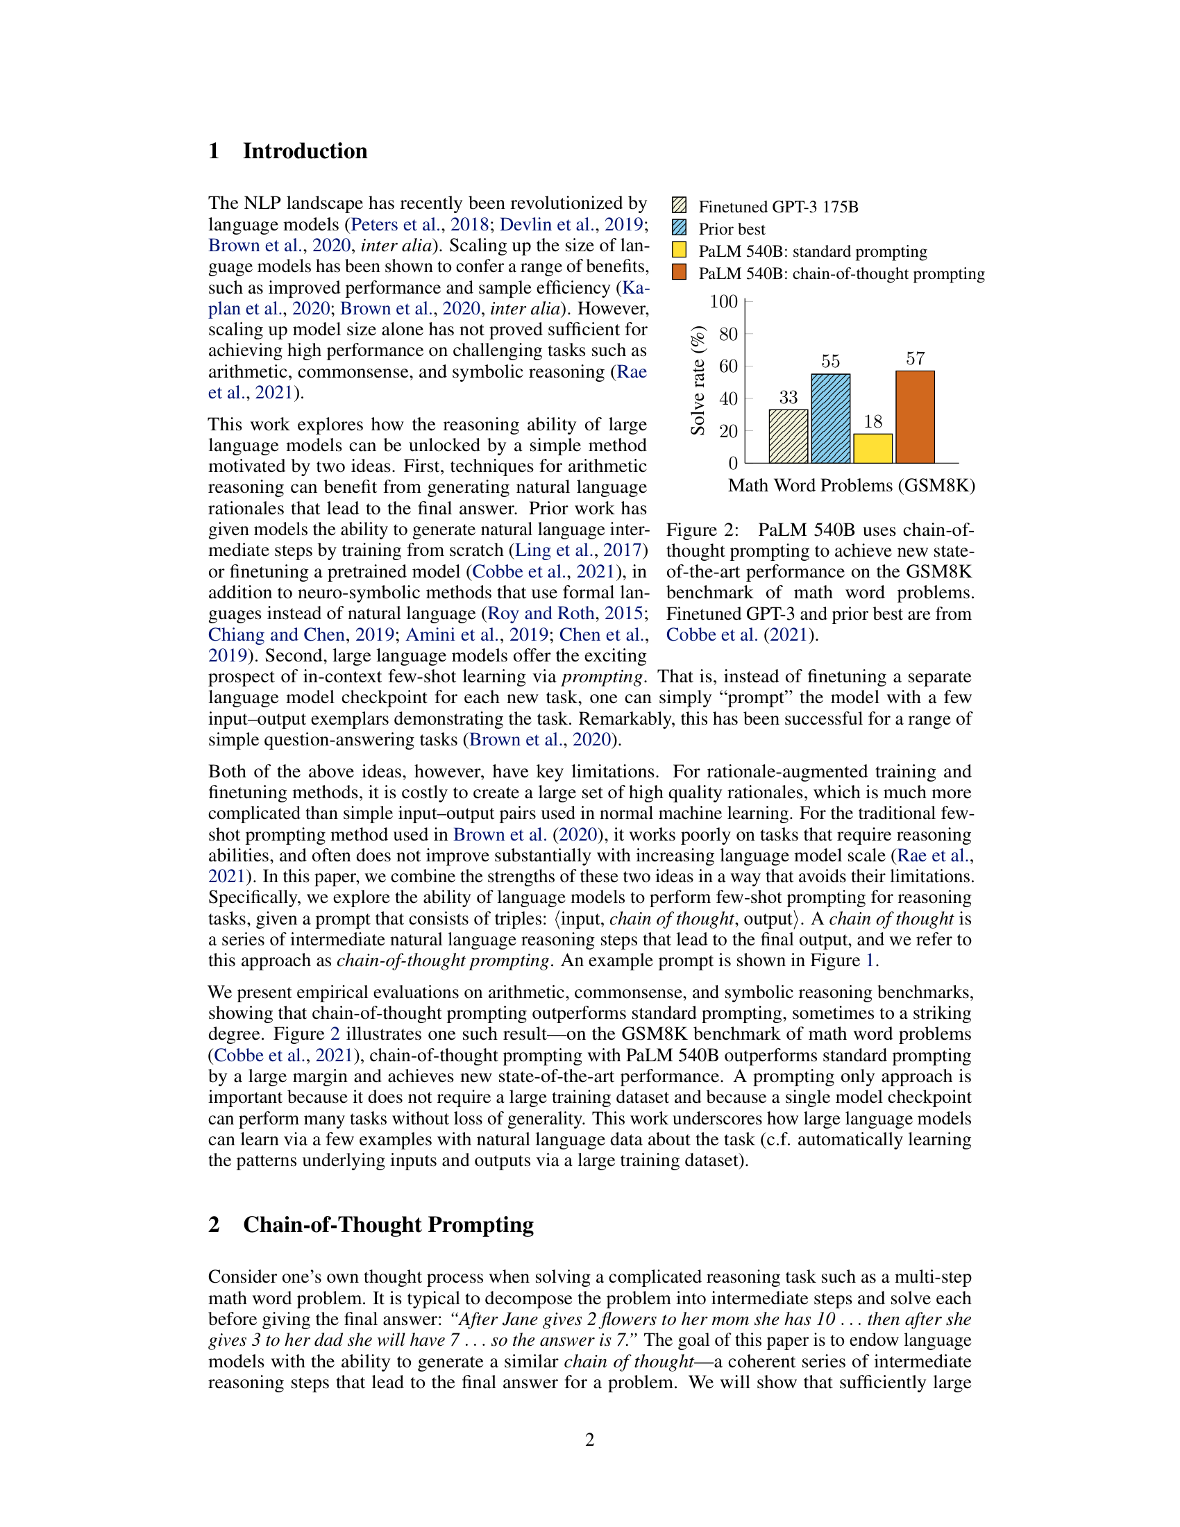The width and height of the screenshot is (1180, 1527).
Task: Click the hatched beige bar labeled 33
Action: [x=788, y=437]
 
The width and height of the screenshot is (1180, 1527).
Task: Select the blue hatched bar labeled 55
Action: [x=830, y=419]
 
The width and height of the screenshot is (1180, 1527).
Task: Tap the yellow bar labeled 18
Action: [x=873, y=448]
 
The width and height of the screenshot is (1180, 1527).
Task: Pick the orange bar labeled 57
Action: [x=915, y=416]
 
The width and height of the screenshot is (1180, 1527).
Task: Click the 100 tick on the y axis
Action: [x=723, y=301]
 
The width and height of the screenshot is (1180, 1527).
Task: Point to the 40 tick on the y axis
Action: [x=727, y=398]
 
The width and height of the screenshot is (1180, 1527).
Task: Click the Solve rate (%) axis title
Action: [x=697, y=381]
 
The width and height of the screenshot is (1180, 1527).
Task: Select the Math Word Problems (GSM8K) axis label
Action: [x=851, y=486]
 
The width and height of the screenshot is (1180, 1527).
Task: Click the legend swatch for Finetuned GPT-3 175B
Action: [x=679, y=205]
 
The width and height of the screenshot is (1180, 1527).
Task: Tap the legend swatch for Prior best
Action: [x=679, y=228]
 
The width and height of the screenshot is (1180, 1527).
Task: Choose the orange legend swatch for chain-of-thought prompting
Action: [x=679, y=272]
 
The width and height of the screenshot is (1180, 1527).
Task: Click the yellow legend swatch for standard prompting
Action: [x=679, y=251]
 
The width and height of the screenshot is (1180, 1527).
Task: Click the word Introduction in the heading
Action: [x=305, y=151]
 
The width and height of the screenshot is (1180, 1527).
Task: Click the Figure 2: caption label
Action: [x=702, y=530]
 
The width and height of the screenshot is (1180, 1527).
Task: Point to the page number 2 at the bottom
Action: [x=589, y=1440]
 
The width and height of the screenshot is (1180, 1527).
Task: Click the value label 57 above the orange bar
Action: [x=915, y=359]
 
